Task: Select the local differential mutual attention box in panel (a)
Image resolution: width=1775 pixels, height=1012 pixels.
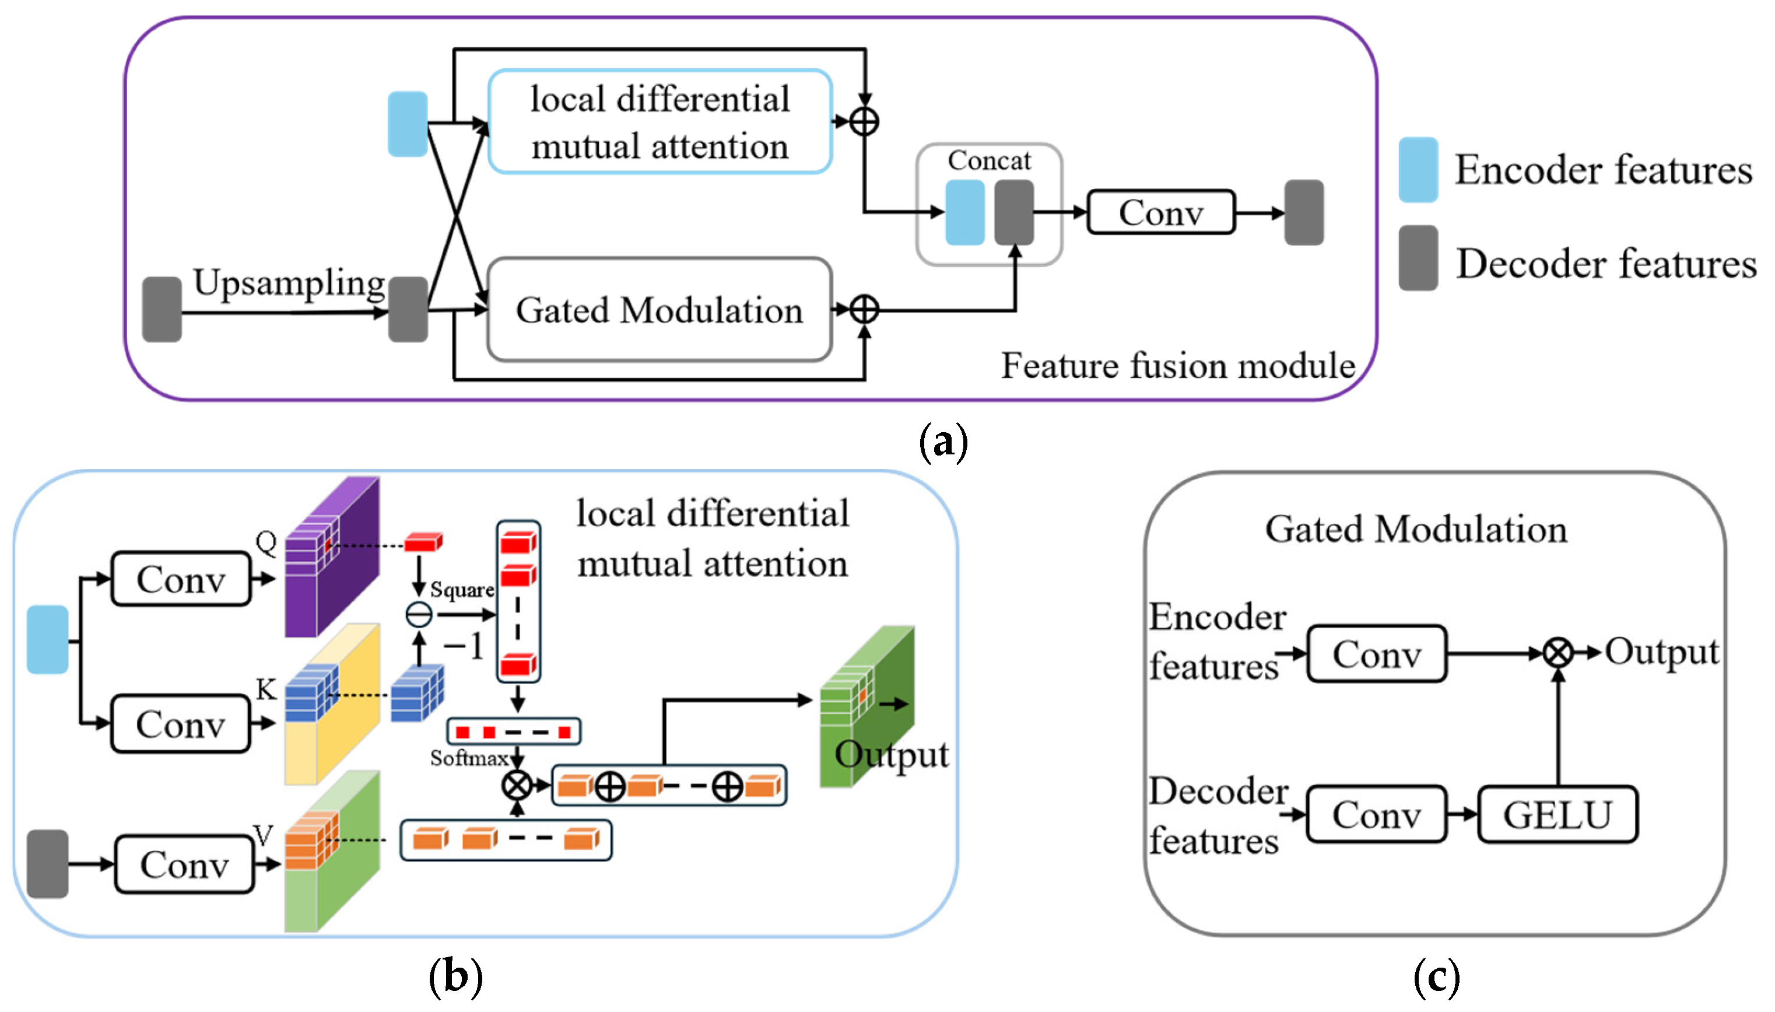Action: coord(660,122)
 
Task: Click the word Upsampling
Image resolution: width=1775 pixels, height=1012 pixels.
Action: coord(288,283)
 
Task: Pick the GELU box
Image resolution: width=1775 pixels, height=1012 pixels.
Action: coord(1557,815)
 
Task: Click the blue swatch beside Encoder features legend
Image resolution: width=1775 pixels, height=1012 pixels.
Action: coord(1417,170)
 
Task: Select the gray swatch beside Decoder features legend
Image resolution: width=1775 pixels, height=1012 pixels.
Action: coord(1417,257)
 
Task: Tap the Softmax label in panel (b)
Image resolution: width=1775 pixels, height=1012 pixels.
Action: coord(469,758)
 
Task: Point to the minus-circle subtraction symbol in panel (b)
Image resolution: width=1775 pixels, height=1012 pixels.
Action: coord(419,614)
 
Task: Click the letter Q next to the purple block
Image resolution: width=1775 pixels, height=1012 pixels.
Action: coord(266,541)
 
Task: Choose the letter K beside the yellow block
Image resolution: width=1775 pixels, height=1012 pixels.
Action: coord(266,689)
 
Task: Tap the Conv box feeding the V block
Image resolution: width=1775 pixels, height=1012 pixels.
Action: coord(184,864)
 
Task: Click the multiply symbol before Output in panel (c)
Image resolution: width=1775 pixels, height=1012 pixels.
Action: coord(1557,653)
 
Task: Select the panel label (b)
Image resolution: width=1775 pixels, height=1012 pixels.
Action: coord(455,976)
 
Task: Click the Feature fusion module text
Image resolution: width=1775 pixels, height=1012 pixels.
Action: coord(1177,366)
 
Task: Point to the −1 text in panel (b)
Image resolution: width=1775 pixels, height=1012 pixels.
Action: coord(464,646)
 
